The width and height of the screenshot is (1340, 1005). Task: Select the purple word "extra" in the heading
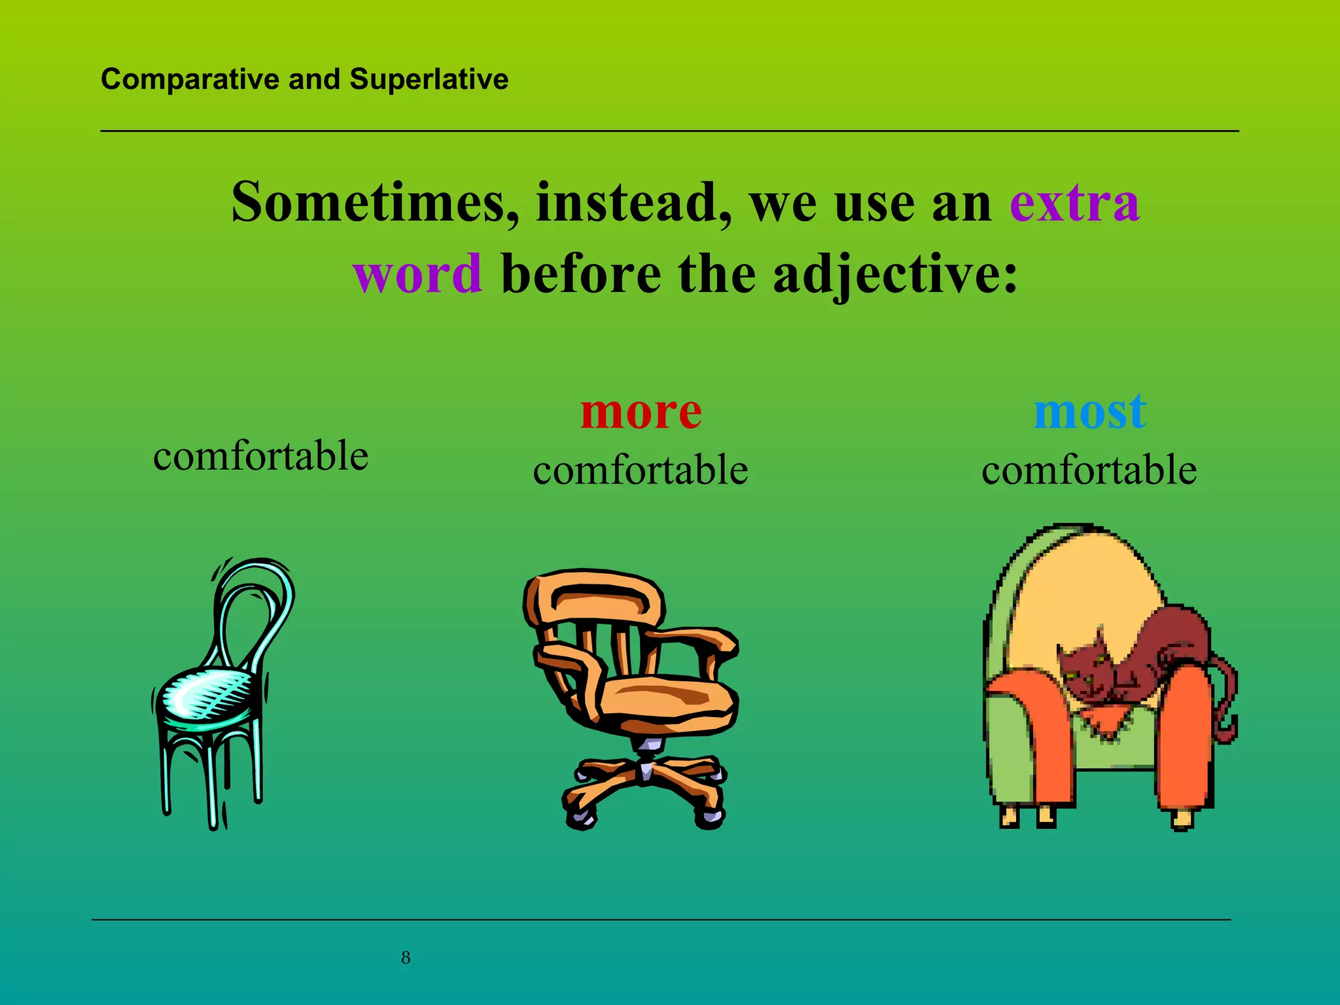coord(1074,202)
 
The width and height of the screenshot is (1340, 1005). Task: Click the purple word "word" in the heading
coord(418,273)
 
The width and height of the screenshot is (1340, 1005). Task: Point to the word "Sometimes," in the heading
coord(376,202)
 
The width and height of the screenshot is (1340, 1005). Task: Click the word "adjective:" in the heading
coord(895,274)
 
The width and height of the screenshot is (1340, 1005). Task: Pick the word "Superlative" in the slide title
coord(429,79)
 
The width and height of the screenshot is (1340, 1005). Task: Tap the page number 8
coord(406,958)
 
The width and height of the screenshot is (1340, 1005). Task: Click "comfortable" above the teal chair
coord(260,455)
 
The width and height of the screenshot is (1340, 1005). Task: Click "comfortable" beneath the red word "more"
coord(641,470)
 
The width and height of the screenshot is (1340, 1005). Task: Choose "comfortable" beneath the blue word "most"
coord(1089,470)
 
